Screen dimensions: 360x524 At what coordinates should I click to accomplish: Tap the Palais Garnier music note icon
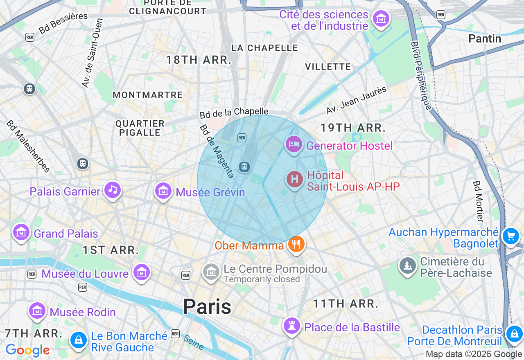tap(113, 190)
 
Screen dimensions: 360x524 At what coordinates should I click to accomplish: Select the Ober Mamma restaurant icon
tap(296, 244)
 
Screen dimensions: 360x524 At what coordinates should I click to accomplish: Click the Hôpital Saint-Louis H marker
tap(294, 180)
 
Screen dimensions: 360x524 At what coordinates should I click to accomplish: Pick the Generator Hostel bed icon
tap(294, 144)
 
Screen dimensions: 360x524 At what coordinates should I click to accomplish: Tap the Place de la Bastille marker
tap(292, 326)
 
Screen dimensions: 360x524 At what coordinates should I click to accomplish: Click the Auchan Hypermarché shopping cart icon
tap(510, 236)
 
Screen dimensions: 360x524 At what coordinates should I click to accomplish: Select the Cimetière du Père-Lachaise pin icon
tap(408, 266)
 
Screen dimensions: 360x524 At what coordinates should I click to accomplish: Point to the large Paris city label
tap(207, 306)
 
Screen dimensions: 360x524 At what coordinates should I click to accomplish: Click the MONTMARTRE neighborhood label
tap(147, 95)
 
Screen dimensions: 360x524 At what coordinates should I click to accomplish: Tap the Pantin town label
tap(485, 39)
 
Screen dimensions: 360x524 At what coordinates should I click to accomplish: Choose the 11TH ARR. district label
tap(346, 304)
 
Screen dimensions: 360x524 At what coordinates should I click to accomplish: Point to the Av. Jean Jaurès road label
tap(356, 100)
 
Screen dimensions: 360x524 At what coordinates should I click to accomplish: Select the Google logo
tap(27, 350)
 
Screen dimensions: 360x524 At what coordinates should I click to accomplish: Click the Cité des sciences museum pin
tap(381, 18)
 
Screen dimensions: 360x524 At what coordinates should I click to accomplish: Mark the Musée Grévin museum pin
tap(163, 191)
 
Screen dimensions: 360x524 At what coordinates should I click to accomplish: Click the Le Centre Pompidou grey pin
tap(211, 271)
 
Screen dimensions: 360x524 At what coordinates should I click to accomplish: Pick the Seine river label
tap(194, 342)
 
